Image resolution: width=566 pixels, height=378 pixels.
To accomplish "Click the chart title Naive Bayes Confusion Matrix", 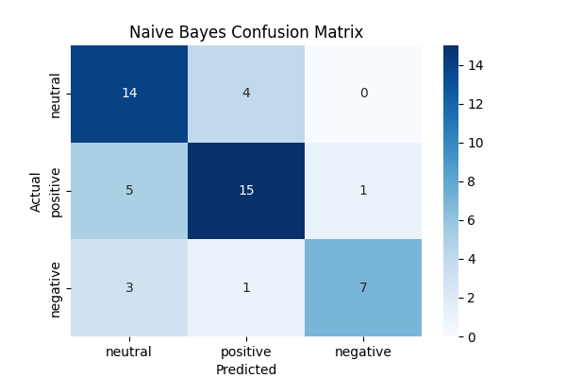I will pyautogui.click(x=246, y=32).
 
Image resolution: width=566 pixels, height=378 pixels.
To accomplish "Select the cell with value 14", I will pyautogui.click(x=129, y=94).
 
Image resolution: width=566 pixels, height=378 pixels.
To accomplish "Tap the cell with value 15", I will pyautogui.click(x=246, y=190).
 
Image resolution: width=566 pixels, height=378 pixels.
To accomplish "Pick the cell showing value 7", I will pyautogui.click(x=363, y=287).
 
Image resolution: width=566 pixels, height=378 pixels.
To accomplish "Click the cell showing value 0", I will pyautogui.click(x=363, y=94).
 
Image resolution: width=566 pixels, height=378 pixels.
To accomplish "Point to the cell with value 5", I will pyautogui.click(x=129, y=190).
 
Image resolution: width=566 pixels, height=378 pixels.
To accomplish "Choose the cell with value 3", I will pyautogui.click(x=129, y=287).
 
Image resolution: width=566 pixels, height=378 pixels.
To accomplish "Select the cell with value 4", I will pyautogui.click(x=246, y=94).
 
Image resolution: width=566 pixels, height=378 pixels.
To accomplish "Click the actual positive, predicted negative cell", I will pyautogui.click(x=363, y=190).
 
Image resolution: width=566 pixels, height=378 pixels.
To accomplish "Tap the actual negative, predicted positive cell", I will pyautogui.click(x=246, y=287).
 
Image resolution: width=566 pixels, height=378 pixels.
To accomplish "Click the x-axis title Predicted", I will pyautogui.click(x=246, y=369).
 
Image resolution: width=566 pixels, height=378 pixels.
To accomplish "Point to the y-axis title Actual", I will pyautogui.click(x=36, y=191).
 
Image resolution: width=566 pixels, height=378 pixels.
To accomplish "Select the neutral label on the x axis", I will pyautogui.click(x=129, y=352).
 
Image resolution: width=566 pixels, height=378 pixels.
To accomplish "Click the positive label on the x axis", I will pyautogui.click(x=246, y=352).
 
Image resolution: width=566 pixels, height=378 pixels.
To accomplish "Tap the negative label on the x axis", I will pyautogui.click(x=363, y=352).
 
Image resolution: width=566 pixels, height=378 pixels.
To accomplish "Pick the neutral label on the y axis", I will pyautogui.click(x=56, y=94).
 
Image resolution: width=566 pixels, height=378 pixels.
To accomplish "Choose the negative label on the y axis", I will pyautogui.click(x=56, y=287).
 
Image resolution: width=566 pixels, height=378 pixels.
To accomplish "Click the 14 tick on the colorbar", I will pyautogui.click(x=474, y=65).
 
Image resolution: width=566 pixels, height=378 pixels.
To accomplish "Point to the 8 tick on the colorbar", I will pyautogui.click(x=473, y=181).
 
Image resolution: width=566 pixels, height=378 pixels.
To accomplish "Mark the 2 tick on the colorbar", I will pyautogui.click(x=473, y=298).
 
